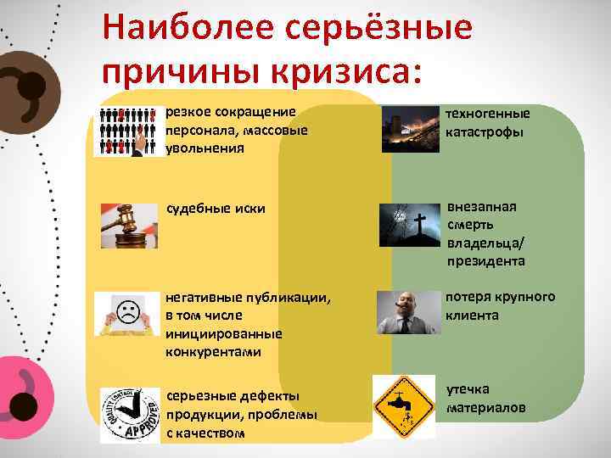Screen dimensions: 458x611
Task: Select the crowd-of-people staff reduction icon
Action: [130, 131]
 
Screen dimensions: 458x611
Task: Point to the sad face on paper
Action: [128, 313]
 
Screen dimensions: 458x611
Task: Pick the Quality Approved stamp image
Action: [129, 414]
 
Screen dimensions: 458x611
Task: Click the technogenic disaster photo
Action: [411, 129]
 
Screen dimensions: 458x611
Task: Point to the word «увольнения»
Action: [205, 148]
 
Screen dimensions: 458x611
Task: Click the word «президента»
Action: [486, 261]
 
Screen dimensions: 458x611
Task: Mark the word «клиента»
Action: [473, 315]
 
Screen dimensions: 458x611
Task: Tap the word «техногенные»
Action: [488, 114]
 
